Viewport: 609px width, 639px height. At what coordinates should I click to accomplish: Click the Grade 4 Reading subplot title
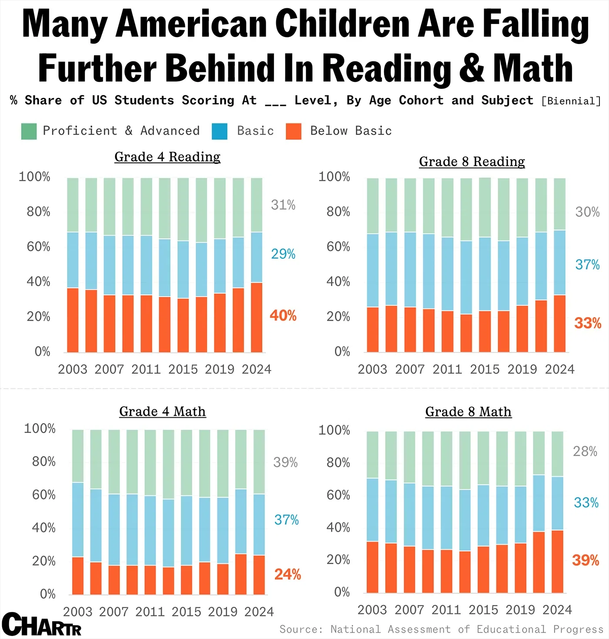coord(167,157)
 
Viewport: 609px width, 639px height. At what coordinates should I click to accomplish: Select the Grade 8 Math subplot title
coord(468,412)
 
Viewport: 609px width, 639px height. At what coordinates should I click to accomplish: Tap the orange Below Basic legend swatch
coord(294,131)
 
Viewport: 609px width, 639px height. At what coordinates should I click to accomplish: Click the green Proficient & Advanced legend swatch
coord(29,131)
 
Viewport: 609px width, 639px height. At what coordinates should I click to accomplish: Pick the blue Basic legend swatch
coord(220,131)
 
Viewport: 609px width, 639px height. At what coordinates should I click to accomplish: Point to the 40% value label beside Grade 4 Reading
coord(283,315)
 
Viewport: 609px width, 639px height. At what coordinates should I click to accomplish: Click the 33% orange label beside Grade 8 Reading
coord(587,323)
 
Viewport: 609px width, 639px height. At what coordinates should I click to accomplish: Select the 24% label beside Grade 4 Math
coord(288,575)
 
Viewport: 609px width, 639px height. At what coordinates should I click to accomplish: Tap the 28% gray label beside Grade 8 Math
coord(585,452)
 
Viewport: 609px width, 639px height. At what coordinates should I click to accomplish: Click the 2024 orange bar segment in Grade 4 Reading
coord(257,317)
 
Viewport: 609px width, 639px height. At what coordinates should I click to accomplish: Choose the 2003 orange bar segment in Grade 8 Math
coord(372,567)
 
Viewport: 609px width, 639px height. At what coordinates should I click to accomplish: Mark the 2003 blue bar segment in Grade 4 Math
coord(78,520)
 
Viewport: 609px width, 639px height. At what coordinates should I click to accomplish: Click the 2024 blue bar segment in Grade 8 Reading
coord(560,263)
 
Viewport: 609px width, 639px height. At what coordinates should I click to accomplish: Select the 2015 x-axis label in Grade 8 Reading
coord(485,369)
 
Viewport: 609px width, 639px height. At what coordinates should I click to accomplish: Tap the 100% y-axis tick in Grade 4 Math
coord(40,429)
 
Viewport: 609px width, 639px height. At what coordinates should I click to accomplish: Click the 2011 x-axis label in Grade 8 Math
coord(446,610)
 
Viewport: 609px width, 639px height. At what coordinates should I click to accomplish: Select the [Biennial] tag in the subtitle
coord(571,101)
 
